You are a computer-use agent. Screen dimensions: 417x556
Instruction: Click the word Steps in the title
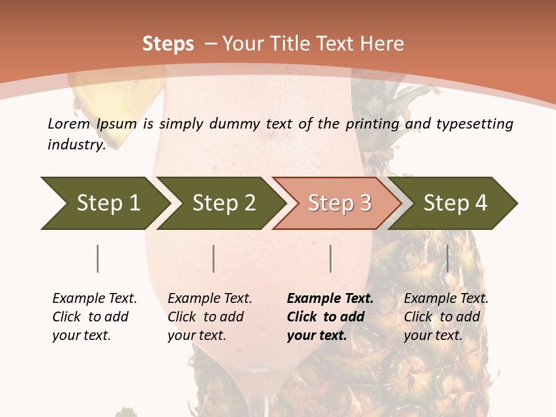(168, 44)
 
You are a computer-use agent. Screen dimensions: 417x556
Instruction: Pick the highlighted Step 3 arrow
(339, 203)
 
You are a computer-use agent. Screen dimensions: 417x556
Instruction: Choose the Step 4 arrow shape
(455, 203)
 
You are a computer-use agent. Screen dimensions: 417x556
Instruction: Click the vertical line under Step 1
(97, 258)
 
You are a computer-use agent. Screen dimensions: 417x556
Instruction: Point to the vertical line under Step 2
(214, 258)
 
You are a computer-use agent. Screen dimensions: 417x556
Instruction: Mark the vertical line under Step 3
(330, 258)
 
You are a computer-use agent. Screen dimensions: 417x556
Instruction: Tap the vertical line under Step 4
(447, 258)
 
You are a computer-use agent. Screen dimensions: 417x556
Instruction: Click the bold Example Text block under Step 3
(330, 317)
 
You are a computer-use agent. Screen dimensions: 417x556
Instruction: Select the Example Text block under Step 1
(94, 317)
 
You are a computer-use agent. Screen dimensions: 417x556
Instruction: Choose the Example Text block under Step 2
(210, 317)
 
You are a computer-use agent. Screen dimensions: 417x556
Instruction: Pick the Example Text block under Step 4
(446, 317)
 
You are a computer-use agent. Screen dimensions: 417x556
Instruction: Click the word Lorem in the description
(69, 124)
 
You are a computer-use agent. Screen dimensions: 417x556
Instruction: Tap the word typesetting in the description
(474, 124)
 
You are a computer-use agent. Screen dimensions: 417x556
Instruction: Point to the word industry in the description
(75, 145)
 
